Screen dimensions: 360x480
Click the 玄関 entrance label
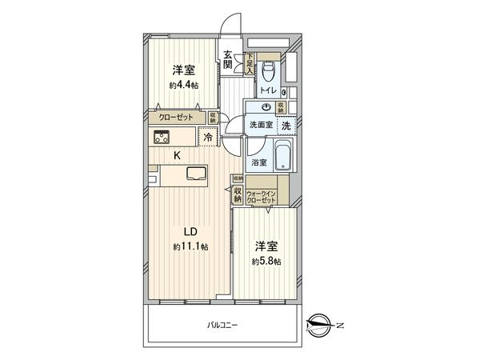point(228,60)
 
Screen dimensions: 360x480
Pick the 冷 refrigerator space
point(207,138)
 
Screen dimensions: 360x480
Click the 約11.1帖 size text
point(190,247)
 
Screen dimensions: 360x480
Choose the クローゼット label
point(175,117)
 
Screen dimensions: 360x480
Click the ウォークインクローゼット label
point(261,197)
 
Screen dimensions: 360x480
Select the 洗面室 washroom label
point(260,125)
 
